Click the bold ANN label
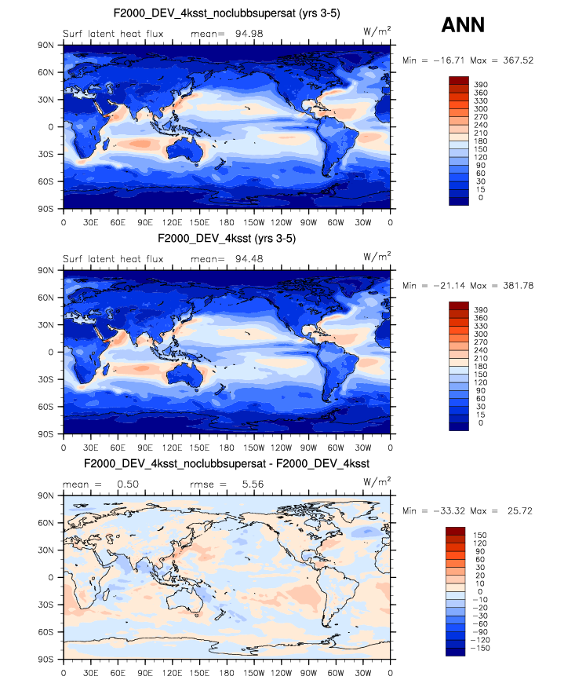(463, 25)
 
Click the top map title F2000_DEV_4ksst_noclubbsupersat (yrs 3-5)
(227, 13)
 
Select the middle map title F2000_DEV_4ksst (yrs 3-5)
(227, 238)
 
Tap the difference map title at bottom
(227, 464)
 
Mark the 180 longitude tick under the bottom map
(227, 673)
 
